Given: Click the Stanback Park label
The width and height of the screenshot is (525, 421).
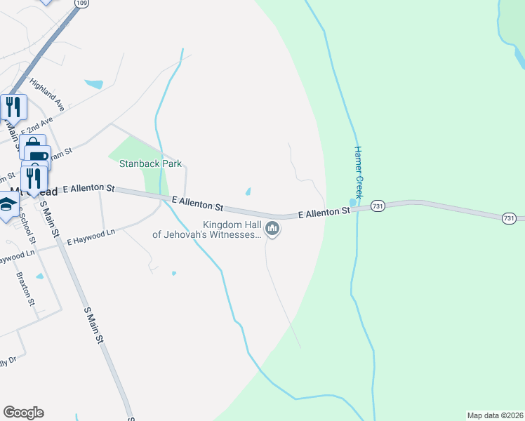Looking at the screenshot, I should pyautogui.click(x=151, y=164).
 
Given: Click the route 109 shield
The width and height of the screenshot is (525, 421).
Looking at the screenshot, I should pyautogui.click(x=81, y=4).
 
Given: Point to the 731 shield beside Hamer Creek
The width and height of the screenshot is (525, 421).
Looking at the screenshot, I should pyautogui.click(x=378, y=206).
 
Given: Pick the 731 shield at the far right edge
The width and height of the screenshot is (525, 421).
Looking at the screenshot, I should pyautogui.click(x=510, y=219).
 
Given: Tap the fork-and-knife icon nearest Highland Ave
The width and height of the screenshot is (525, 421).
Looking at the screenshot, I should pyautogui.click(x=13, y=107).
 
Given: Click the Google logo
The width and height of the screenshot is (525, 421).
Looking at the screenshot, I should pyautogui.click(x=23, y=413).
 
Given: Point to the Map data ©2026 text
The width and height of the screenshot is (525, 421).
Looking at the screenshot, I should pyautogui.click(x=494, y=415).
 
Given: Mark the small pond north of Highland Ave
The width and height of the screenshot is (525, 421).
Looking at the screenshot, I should pyautogui.click(x=93, y=84).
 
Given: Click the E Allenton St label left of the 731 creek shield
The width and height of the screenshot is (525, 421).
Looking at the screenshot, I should pyautogui.click(x=324, y=211).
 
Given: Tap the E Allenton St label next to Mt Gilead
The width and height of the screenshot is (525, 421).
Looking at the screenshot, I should pyautogui.click(x=88, y=189).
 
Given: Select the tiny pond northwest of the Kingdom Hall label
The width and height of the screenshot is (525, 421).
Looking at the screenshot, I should pyautogui.click(x=248, y=192).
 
